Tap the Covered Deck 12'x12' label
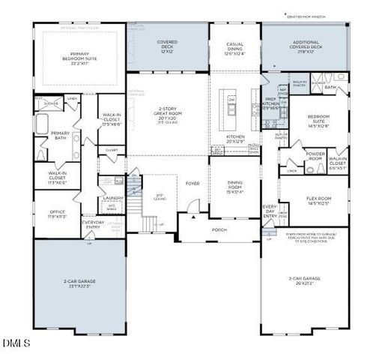click(x=166, y=46)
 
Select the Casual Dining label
click(x=234, y=49)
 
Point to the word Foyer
click(x=193, y=182)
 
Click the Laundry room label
click(x=112, y=198)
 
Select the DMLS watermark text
click(x=16, y=344)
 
